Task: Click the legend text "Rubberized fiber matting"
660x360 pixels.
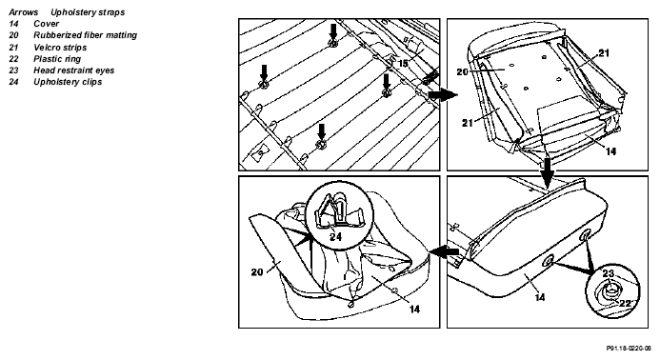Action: pyautogui.click(x=85, y=35)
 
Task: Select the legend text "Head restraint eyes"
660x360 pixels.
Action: pyautogui.click(x=74, y=70)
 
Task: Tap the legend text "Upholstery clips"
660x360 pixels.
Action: pyautogui.click(x=68, y=82)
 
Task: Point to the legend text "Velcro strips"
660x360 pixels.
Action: pyautogui.click(x=60, y=48)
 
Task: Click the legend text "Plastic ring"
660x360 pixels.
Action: pyautogui.click(x=57, y=59)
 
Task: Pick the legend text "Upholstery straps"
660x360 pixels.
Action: pyautogui.click(x=88, y=12)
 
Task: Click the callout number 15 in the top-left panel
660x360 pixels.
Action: pyautogui.click(x=403, y=63)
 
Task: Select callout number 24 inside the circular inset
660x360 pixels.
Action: pyautogui.click(x=335, y=236)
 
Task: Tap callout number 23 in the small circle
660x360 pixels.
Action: pyautogui.click(x=608, y=273)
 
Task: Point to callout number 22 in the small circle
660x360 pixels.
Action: pyautogui.click(x=625, y=303)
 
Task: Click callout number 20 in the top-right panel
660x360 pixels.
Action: pyautogui.click(x=462, y=72)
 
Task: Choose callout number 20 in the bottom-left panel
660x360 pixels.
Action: pyautogui.click(x=257, y=272)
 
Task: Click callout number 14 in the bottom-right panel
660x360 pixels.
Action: pyautogui.click(x=540, y=298)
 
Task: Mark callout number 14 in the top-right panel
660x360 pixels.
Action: pyautogui.click(x=610, y=151)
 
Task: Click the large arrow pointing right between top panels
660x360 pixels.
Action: pyautogui.click(x=443, y=94)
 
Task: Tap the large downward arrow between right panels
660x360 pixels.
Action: pyautogui.click(x=548, y=172)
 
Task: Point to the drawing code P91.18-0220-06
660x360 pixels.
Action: pyautogui.click(x=629, y=349)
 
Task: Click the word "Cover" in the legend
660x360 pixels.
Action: pyautogui.click(x=47, y=24)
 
